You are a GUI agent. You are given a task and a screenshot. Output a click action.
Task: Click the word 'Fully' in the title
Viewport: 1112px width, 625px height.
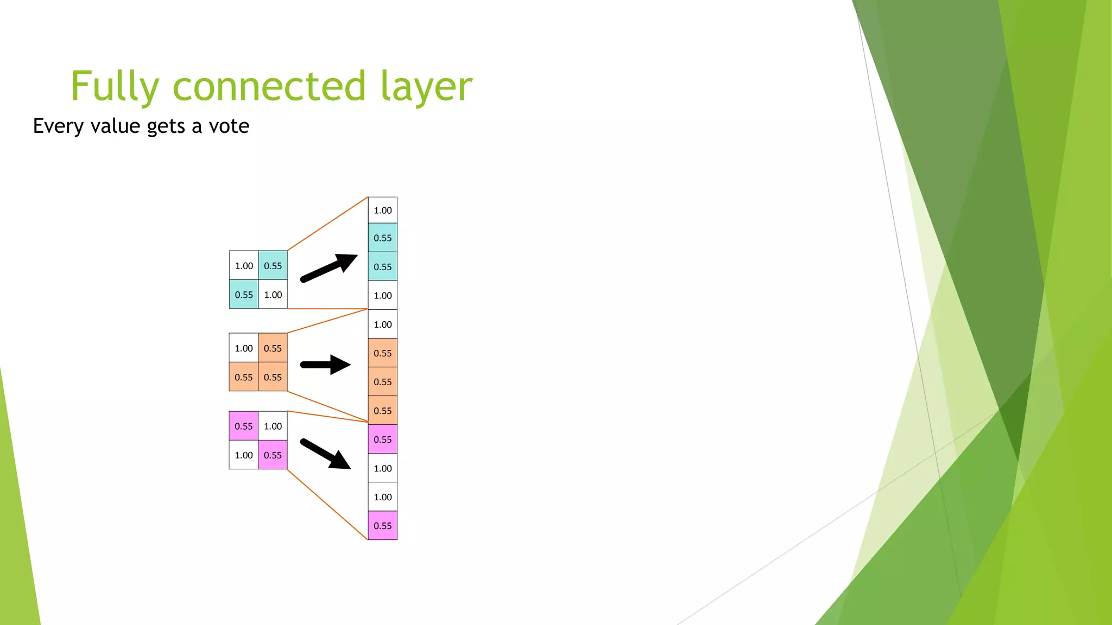115,87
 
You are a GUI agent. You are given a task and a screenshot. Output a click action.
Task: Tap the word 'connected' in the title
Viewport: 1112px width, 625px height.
269,87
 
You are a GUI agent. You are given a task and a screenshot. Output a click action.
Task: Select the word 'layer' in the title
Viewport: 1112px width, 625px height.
426,87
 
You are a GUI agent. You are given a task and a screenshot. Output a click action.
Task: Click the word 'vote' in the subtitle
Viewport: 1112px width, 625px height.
229,126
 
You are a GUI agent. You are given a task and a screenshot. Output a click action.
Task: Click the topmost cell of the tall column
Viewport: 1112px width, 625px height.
383,211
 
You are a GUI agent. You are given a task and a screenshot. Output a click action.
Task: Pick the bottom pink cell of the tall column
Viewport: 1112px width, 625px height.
383,526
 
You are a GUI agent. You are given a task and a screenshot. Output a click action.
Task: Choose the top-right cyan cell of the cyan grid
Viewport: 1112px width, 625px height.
273,266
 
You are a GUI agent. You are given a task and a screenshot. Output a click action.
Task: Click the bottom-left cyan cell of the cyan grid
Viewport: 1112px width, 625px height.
244,295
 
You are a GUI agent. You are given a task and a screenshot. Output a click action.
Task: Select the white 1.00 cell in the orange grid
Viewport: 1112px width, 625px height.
244,348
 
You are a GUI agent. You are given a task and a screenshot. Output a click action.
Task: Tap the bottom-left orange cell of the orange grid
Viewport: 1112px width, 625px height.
244,377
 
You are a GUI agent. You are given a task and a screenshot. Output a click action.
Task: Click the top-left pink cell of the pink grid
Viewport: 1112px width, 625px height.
244,426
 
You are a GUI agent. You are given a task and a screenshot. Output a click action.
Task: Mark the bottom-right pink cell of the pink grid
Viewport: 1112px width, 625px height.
273,455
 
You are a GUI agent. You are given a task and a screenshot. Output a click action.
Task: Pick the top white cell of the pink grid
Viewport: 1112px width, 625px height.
273,426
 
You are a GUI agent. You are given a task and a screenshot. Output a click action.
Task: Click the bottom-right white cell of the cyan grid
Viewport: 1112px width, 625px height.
273,295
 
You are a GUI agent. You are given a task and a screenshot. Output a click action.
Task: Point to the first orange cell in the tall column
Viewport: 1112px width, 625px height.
383,353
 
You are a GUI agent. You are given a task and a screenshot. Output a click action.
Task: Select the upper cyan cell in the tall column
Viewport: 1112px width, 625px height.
383,238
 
